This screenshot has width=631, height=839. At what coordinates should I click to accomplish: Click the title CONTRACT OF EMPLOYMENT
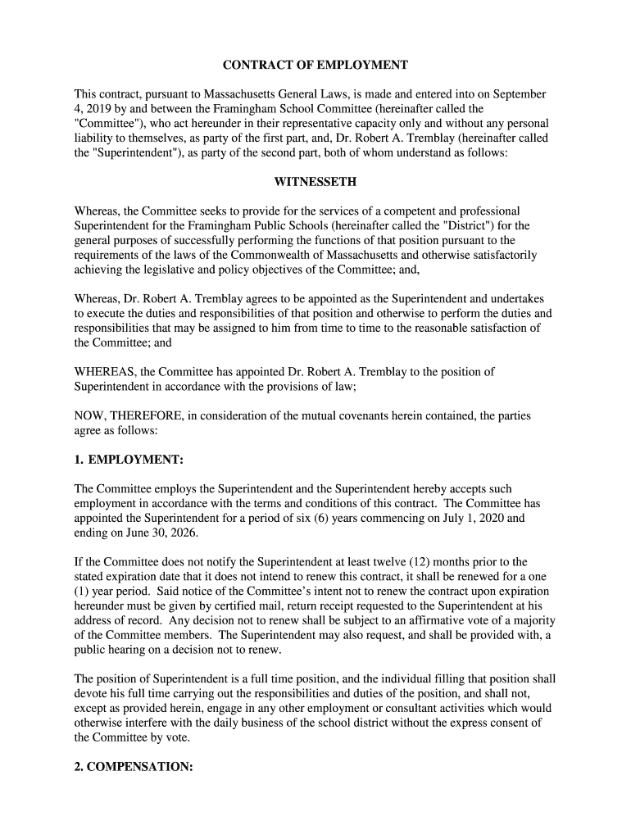(315, 65)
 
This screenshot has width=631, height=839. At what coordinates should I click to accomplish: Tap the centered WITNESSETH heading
(315, 181)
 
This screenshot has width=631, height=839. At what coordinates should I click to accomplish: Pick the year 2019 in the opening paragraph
(100, 109)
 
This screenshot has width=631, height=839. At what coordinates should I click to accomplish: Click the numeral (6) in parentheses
(360, 519)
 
